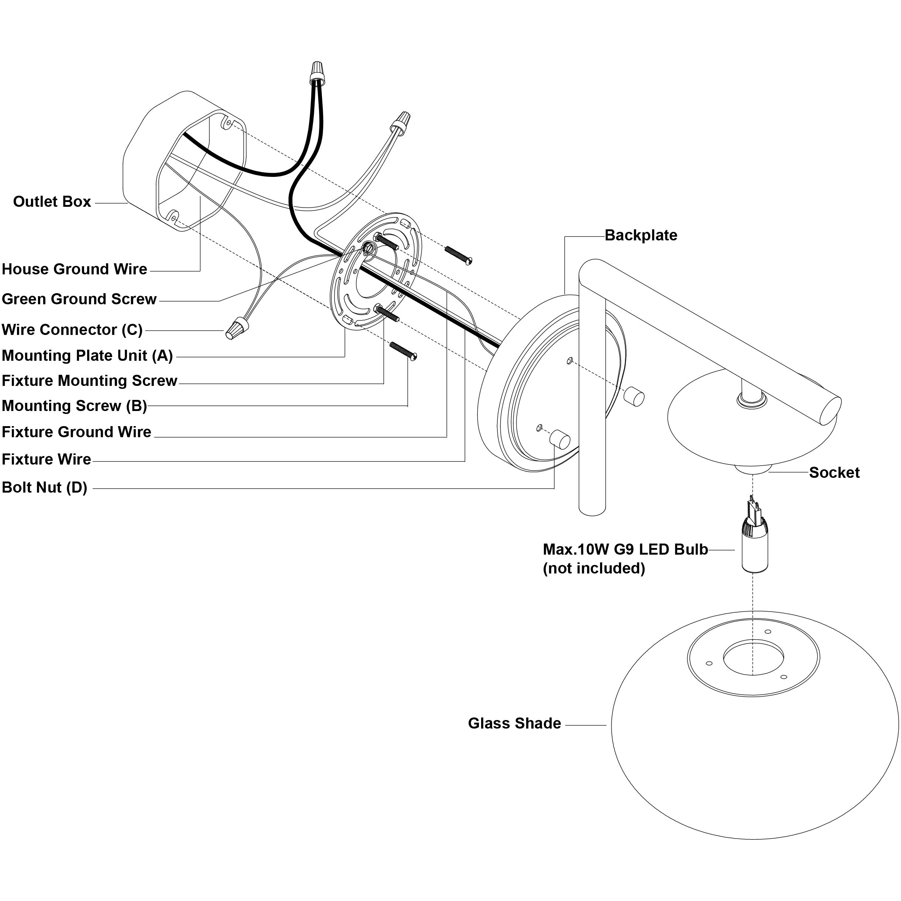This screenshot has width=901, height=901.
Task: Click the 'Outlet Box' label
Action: pyautogui.click(x=52, y=202)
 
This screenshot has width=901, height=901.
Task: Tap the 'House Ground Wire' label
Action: pyautogui.click(x=75, y=269)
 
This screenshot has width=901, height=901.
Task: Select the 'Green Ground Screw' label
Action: pyautogui.click(x=79, y=299)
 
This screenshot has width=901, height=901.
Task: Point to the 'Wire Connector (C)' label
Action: pyautogui.click(x=72, y=329)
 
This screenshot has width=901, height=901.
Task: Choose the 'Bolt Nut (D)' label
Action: pyautogui.click(x=45, y=487)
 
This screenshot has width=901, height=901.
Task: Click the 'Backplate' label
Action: pyautogui.click(x=641, y=235)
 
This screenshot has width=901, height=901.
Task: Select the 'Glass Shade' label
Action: pyautogui.click(x=514, y=723)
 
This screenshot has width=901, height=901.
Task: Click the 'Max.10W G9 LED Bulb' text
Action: pyautogui.click(x=626, y=549)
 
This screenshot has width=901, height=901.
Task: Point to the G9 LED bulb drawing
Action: pyautogui.click(x=754, y=534)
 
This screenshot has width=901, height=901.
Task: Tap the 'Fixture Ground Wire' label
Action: pyautogui.click(x=76, y=432)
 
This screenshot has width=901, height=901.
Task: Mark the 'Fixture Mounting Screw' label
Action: pyautogui.click(x=89, y=381)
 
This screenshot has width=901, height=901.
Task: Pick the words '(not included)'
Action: pyautogui.click(x=594, y=569)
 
